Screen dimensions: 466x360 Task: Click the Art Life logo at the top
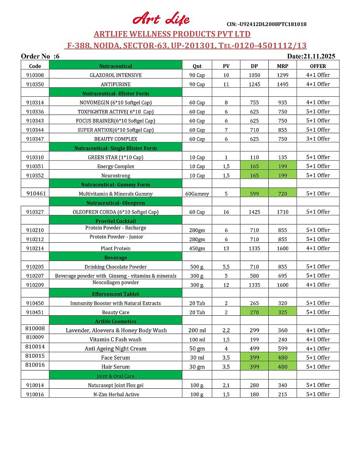(x=161, y=18)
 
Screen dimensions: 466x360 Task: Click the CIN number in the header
(x=266, y=24)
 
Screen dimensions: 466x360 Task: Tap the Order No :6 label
(x=40, y=56)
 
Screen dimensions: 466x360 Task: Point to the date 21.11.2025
(x=311, y=56)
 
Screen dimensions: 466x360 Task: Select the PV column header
(x=226, y=66)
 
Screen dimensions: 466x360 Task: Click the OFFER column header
(x=318, y=66)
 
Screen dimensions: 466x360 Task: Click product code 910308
(x=35, y=75)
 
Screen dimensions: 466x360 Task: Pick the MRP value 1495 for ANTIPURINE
(x=282, y=84)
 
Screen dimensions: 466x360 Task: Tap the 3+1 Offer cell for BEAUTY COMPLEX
(x=318, y=139)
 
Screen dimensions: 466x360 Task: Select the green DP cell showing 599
(x=254, y=193)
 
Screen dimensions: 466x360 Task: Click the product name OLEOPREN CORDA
(x=116, y=212)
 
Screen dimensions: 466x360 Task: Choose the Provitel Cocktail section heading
(x=116, y=221)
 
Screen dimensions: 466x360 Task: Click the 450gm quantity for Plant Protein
(x=197, y=249)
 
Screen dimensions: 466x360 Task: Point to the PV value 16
(x=226, y=212)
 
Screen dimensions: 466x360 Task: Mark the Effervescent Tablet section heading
(x=116, y=294)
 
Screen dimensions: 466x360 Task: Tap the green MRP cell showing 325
(x=282, y=312)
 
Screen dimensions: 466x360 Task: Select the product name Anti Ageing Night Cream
(x=116, y=349)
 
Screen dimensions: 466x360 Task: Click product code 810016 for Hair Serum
(x=35, y=365)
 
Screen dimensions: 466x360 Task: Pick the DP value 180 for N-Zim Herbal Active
(x=254, y=394)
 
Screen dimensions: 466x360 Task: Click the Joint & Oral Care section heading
(x=116, y=376)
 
